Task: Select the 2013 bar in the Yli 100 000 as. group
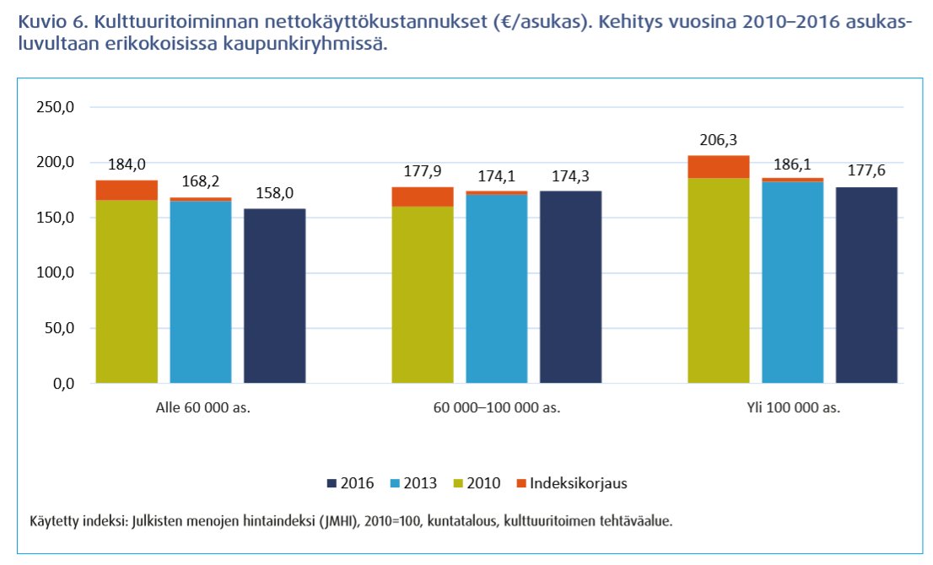(x=793, y=282)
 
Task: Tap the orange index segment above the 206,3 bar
(x=719, y=167)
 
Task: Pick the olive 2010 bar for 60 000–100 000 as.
(x=423, y=295)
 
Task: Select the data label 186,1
(x=793, y=166)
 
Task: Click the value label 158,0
(x=275, y=194)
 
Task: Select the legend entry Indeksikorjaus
(x=578, y=483)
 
